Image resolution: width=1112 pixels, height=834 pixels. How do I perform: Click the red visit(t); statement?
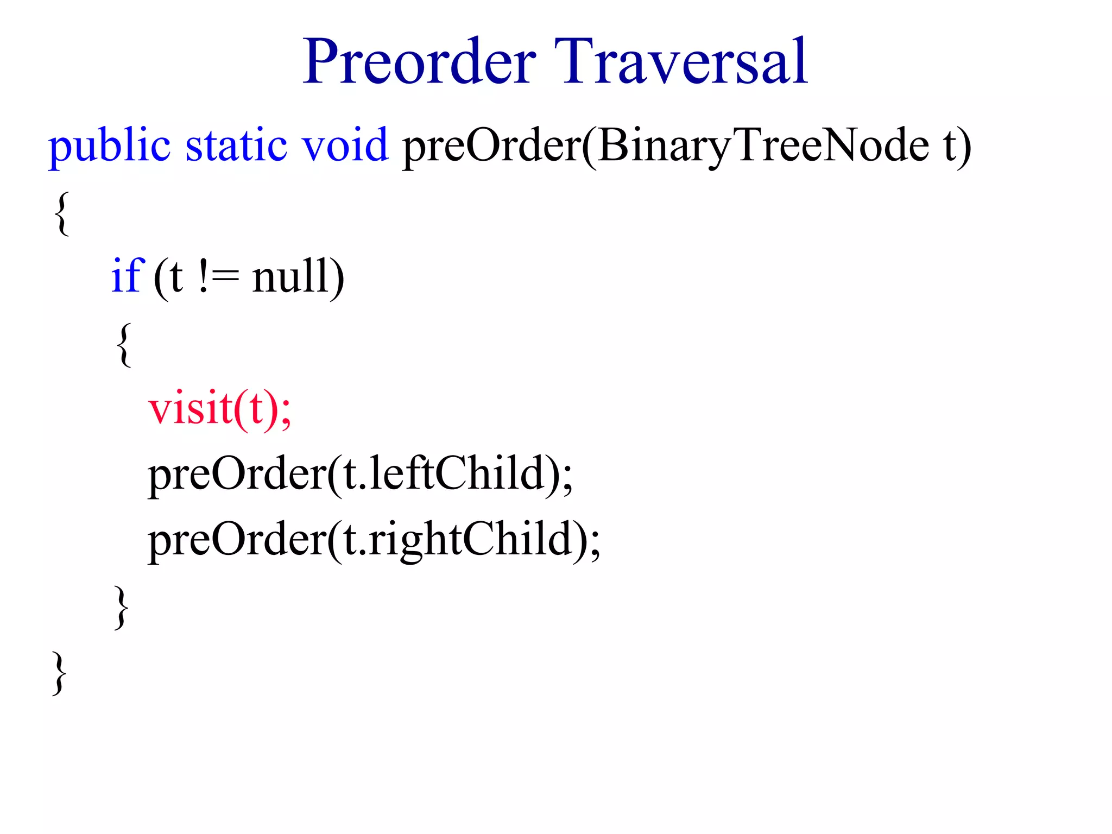(x=220, y=408)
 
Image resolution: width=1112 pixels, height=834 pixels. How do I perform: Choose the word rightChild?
(x=470, y=540)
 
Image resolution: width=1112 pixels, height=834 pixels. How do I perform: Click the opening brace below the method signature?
(x=62, y=213)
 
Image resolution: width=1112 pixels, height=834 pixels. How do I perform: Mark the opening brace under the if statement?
(x=124, y=345)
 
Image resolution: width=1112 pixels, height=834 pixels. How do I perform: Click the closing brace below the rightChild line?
(x=122, y=607)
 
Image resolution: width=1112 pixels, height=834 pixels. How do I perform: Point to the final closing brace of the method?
(x=60, y=673)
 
